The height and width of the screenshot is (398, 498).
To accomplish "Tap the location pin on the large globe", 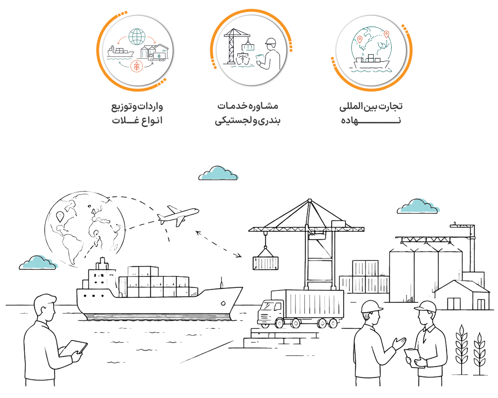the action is point(60,217).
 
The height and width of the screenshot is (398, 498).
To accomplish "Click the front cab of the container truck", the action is point(271,312).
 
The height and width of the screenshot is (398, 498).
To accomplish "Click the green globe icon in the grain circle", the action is point(137,37).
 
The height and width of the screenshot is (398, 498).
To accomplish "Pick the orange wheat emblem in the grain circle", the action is point(137,66).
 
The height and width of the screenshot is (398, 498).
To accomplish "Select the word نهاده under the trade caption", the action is point(371,121).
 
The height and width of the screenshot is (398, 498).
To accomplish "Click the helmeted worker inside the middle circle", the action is point(269,54).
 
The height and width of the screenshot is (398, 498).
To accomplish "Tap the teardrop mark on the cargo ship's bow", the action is point(223,303).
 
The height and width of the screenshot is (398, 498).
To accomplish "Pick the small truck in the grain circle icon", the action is point(157,57).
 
